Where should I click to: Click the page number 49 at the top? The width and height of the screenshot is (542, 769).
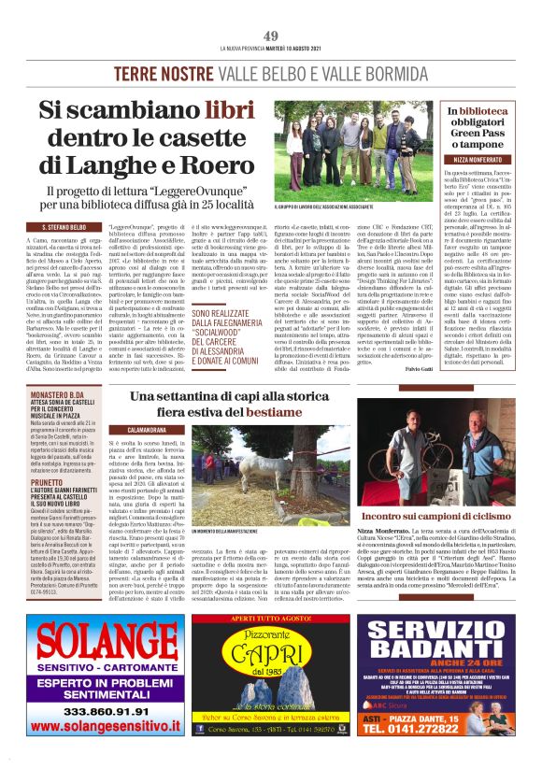[271, 36]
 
